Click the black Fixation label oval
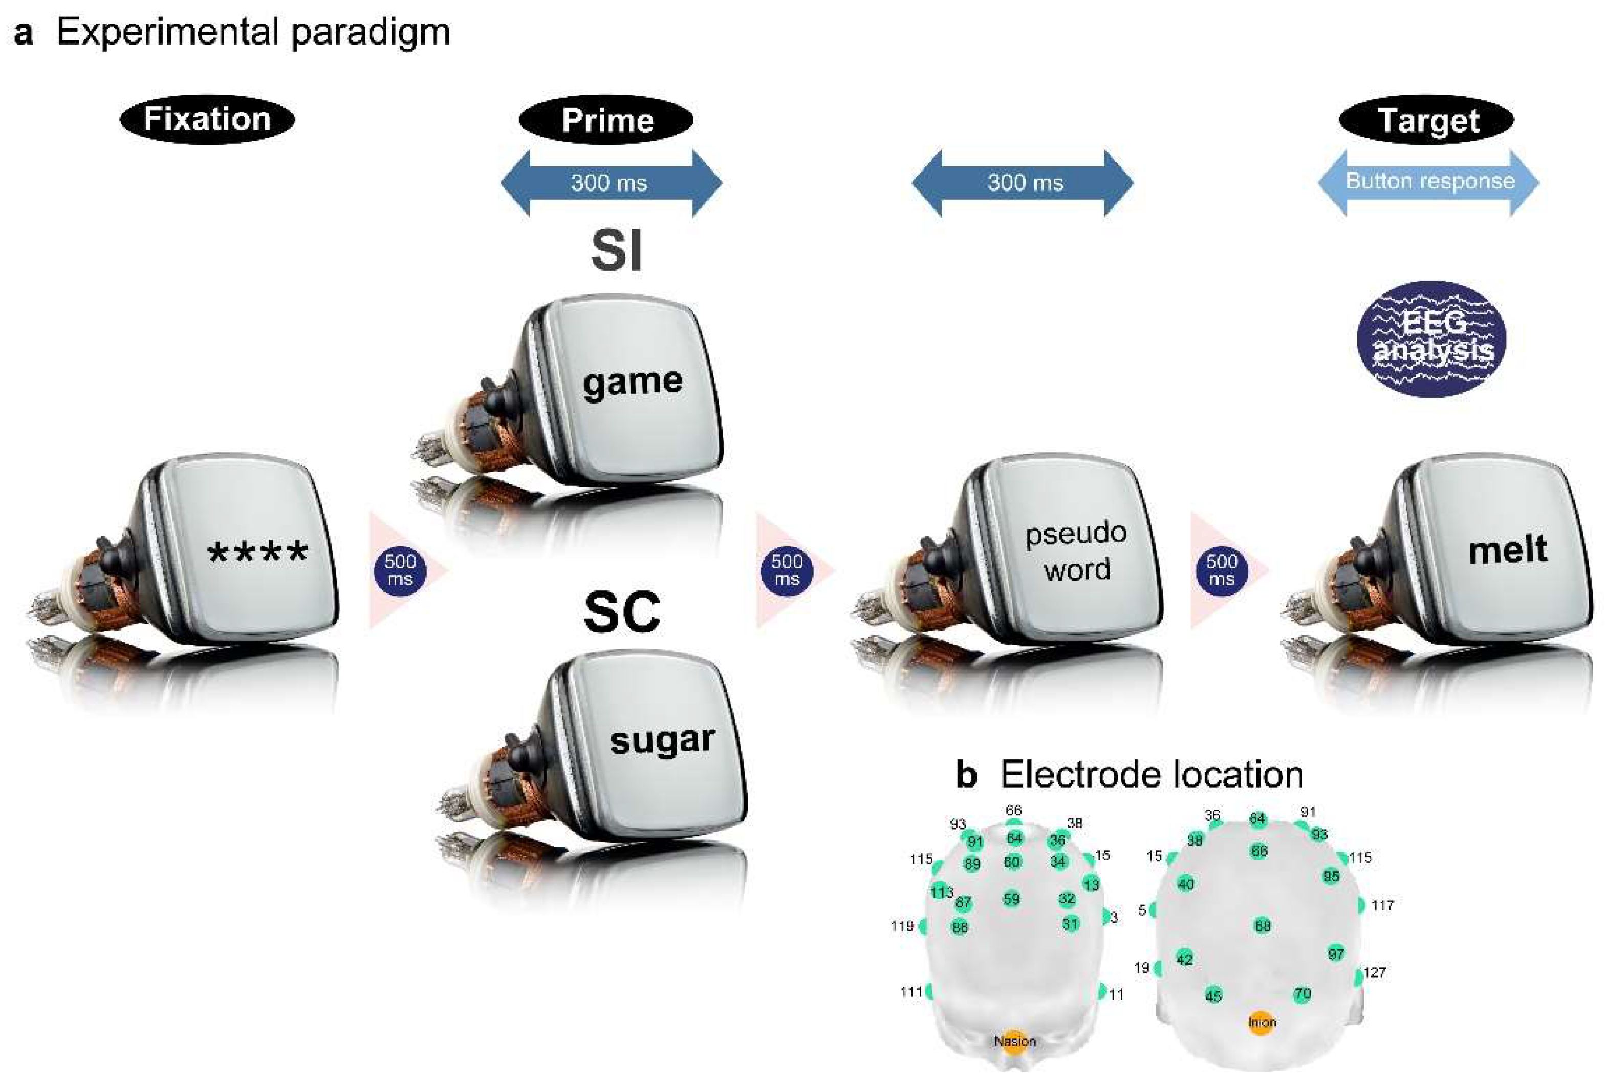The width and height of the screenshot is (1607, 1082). pos(207,119)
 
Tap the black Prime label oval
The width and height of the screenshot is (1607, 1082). pos(606,120)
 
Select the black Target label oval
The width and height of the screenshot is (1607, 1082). pos(1426,120)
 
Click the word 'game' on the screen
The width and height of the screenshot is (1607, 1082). pos(633,381)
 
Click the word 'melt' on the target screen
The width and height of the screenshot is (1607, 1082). pos(1508,550)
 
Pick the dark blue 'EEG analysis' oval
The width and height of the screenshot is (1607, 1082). pos(1431,338)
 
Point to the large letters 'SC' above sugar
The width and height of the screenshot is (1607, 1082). pos(621,612)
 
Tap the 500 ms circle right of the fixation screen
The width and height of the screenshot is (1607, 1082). pos(400,570)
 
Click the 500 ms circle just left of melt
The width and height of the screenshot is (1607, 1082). pos(1221,570)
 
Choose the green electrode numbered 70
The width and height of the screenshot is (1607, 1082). pos(1302,994)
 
